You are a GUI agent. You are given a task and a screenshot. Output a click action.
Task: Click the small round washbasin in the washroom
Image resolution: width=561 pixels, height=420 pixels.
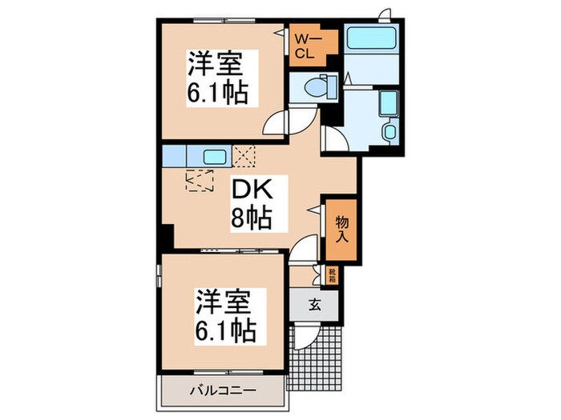(x=389, y=131)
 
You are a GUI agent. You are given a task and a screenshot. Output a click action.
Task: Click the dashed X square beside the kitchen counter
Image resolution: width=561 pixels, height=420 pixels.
(x=244, y=155)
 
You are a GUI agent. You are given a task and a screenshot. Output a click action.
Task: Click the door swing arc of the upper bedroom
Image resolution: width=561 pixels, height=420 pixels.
(x=276, y=122)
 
